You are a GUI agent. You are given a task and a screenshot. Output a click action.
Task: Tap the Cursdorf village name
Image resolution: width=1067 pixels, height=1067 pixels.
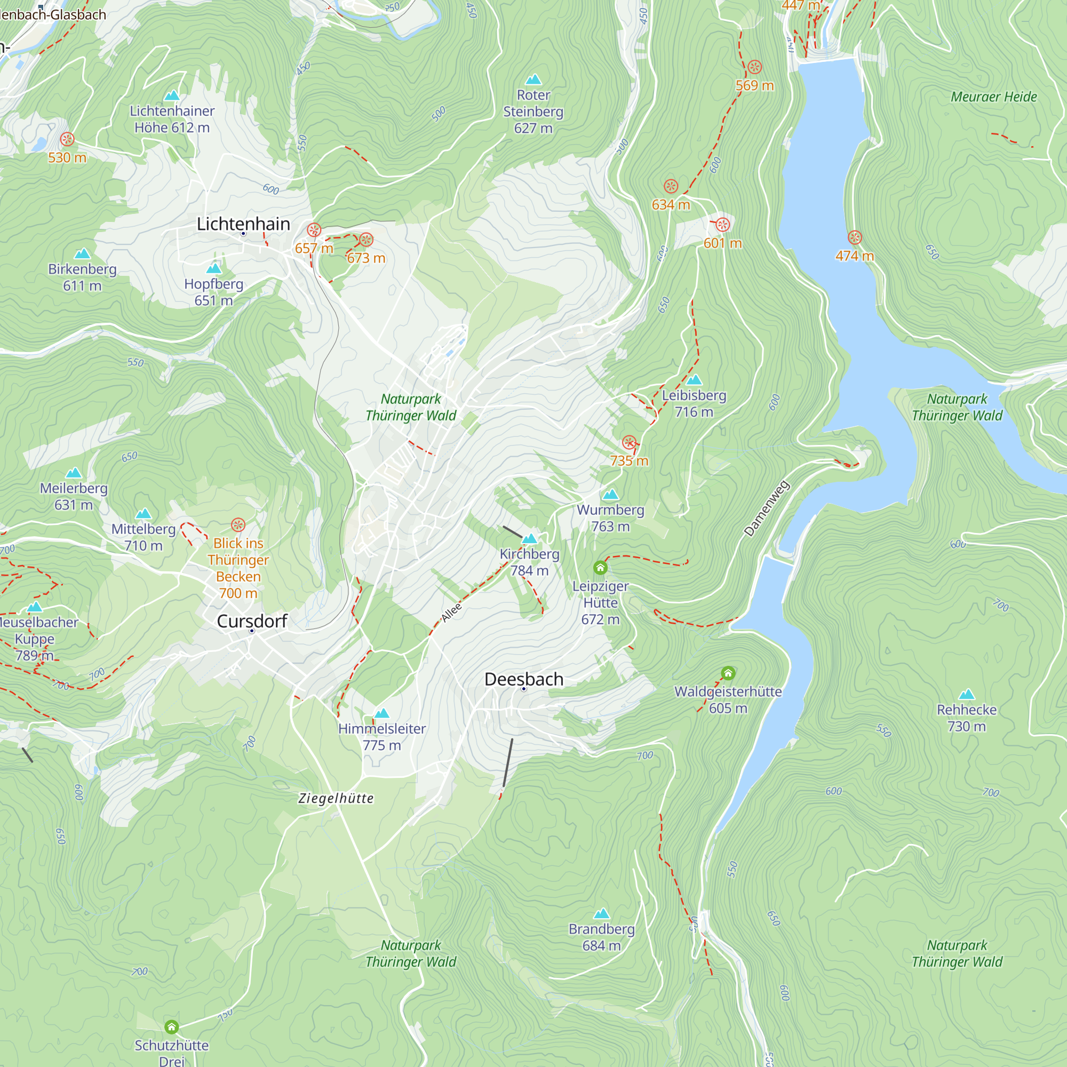[x=252, y=621]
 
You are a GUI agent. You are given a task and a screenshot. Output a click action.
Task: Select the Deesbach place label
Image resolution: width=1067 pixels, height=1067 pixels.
[x=523, y=679]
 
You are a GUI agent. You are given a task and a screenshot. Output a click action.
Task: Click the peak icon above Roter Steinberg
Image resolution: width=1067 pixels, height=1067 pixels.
[x=533, y=79]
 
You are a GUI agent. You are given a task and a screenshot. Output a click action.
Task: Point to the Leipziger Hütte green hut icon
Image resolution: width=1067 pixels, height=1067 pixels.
[x=600, y=567]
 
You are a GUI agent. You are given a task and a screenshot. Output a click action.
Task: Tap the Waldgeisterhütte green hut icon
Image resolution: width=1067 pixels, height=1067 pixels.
[x=728, y=673]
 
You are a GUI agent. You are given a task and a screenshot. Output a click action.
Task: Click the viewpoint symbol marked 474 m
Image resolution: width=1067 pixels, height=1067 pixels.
[x=854, y=237]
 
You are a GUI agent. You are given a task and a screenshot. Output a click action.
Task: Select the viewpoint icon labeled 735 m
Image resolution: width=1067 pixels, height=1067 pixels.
[x=629, y=442]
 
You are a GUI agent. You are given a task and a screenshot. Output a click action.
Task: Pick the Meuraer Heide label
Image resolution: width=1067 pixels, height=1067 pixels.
[x=993, y=97]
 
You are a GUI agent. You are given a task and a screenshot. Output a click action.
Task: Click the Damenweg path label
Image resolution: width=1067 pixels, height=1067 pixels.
[x=767, y=508]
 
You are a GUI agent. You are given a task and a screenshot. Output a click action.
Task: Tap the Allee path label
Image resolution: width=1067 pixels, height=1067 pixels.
[x=451, y=612]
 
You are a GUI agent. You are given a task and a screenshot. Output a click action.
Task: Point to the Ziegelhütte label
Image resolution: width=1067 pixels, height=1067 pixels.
[x=336, y=798]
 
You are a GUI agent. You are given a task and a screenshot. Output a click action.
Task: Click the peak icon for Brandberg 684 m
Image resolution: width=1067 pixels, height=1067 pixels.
[x=601, y=913]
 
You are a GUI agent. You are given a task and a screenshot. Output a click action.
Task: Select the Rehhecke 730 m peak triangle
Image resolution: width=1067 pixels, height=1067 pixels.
[x=967, y=694]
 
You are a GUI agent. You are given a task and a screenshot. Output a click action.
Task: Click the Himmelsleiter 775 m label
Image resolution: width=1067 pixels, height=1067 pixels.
[x=381, y=737]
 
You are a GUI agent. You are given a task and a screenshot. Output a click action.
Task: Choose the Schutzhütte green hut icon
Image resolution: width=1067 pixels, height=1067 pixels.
[x=172, y=1026]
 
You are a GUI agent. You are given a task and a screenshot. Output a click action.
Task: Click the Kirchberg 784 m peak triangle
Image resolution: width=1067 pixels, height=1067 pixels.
[x=530, y=538]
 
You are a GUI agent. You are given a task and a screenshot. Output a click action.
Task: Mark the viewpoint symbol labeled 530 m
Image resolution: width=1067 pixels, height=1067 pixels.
[x=67, y=139]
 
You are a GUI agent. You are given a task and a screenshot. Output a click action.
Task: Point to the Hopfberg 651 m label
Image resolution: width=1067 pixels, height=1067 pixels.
[x=214, y=292]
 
